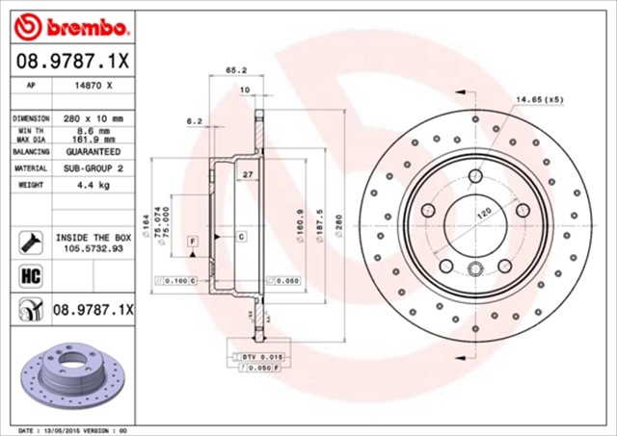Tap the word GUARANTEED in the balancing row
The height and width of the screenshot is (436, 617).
tap(94, 152)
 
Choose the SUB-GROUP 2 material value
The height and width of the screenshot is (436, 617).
tap(94, 167)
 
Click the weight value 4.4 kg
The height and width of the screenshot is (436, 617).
tap(94, 183)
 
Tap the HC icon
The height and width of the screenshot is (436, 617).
tap(28, 277)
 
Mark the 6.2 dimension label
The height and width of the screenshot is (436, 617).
tap(194, 121)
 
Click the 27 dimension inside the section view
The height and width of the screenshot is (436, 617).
tap(247, 175)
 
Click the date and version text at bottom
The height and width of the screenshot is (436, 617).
tap(73, 429)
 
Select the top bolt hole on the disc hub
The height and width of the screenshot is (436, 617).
tap(476, 175)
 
